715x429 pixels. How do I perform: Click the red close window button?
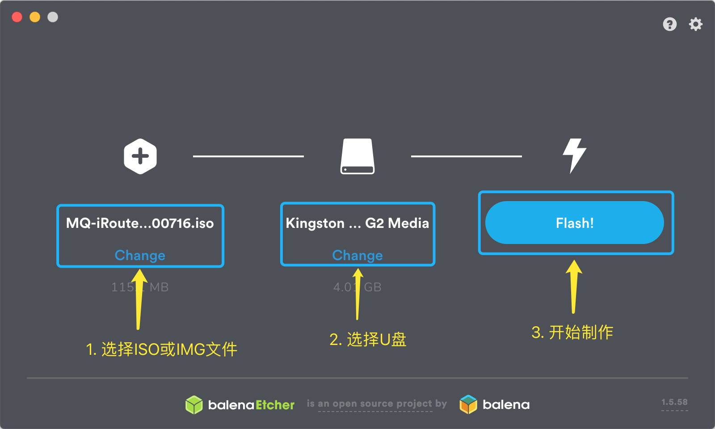pyautogui.click(x=17, y=17)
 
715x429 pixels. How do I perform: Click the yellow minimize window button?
pyautogui.click(x=35, y=17)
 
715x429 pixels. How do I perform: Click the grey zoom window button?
pyautogui.click(x=53, y=17)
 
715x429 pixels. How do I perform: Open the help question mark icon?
pyautogui.click(x=669, y=24)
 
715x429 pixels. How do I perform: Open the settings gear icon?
pyautogui.click(x=695, y=24)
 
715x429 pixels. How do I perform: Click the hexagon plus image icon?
pyautogui.click(x=140, y=156)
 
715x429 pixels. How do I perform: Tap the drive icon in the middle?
pyautogui.click(x=357, y=156)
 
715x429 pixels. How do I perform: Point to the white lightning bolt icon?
pyautogui.click(x=574, y=156)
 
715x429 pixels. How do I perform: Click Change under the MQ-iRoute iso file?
pyautogui.click(x=140, y=255)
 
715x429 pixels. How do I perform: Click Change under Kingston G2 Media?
pyautogui.click(x=357, y=255)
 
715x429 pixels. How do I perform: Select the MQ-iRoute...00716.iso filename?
pyautogui.click(x=140, y=223)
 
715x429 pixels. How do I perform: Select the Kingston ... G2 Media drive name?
pyautogui.click(x=357, y=223)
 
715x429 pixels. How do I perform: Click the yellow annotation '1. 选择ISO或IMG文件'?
pyautogui.click(x=161, y=349)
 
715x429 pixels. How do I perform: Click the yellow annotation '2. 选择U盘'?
pyautogui.click(x=368, y=340)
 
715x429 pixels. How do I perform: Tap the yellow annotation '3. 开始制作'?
pyautogui.click(x=572, y=332)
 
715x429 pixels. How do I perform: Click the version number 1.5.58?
pyautogui.click(x=674, y=402)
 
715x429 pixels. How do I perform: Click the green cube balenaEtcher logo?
pyautogui.click(x=194, y=405)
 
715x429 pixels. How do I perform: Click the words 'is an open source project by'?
pyautogui.click(x=377, y=404)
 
